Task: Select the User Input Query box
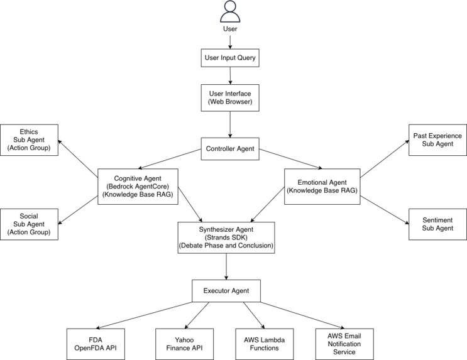click(231, 59)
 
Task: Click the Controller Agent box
click(231, 149)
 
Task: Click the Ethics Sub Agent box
click(29, 140)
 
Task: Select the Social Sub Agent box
click(29, 224)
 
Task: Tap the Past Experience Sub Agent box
click(437, 140)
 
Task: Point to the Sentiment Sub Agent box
click(437, 224)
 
